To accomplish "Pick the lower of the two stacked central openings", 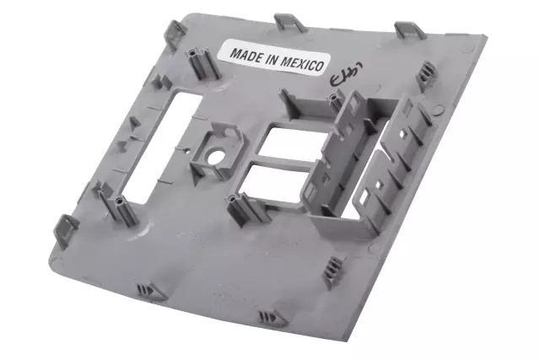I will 268,187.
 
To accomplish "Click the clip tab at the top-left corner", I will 175,32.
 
